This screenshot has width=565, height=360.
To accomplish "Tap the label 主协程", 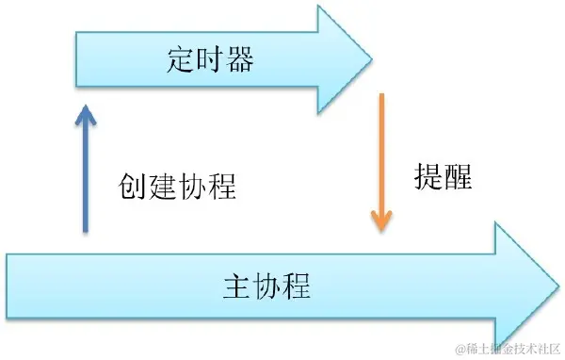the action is (x=267, y=284).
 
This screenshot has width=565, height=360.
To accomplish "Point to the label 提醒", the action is (x=443, y=176).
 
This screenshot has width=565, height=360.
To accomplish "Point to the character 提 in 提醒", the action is (x=428, y=176).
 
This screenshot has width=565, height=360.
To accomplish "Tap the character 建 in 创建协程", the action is (x=162, y=186).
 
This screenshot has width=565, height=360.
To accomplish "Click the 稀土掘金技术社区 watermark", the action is (x=508, y=349).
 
